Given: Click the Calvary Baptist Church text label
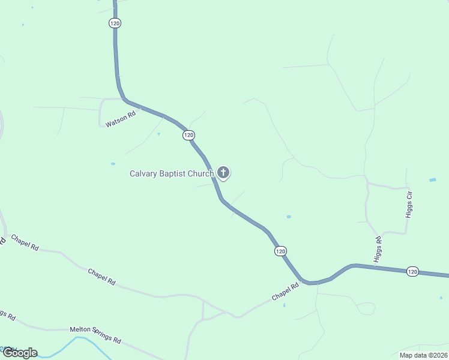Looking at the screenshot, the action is coord(172,174).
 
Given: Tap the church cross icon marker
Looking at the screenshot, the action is coord(223,173).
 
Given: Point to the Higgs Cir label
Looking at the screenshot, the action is coord(410,204).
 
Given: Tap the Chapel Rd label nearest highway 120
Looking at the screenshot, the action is coord(285,293).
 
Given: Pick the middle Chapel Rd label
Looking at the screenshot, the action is coord(101,277).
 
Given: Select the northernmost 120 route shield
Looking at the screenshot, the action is coord(115,23).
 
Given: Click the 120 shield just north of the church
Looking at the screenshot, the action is coord(189,135).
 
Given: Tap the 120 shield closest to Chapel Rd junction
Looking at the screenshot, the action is coord(280,251).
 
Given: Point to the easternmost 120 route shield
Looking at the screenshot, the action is coord(412,272).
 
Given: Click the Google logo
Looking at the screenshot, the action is coord(20,353).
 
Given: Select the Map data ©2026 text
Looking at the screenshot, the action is coord(423,355).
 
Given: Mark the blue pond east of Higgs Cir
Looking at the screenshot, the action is coord(433,180).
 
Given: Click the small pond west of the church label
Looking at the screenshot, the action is coord(113,163).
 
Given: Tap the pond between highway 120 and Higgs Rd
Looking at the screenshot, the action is coord(289,217).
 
